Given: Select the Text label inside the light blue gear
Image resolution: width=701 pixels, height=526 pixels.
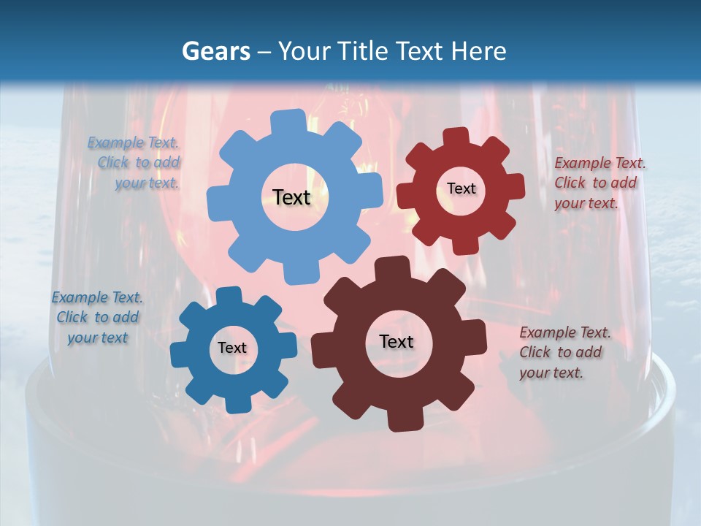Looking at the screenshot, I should (x=291, y=197).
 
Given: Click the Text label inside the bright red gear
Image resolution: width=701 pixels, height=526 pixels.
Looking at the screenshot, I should (x=461, y=188).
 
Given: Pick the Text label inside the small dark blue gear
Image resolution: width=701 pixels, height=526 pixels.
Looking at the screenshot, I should (x=232, y=348).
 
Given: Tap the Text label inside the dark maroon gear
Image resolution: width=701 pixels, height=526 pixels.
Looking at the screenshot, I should (x=397, y=341).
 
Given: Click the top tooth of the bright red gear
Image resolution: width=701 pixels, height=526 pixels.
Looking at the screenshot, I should (x=456, y=137).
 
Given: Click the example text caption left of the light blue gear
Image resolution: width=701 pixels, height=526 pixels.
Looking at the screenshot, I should (x=134, y=163).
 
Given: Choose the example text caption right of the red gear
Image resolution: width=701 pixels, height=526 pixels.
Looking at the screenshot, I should (x=600, y=183).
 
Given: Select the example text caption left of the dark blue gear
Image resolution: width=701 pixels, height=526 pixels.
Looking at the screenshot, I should (x=97, y=318).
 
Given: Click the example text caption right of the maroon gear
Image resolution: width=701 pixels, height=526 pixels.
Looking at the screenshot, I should (x=564, y=352).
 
